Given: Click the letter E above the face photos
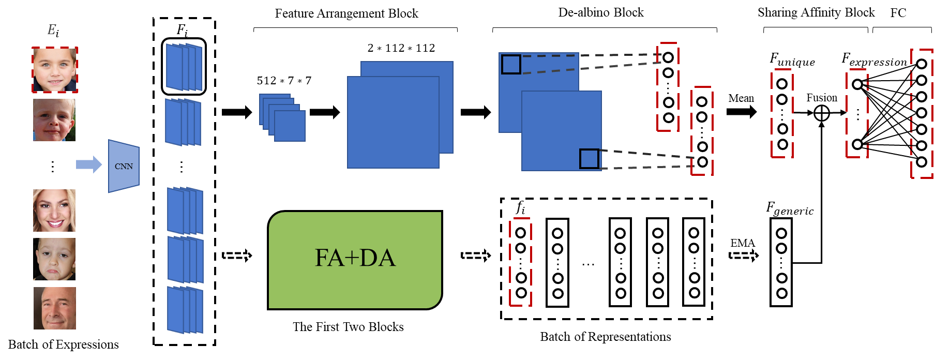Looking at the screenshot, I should [x=51, y=30].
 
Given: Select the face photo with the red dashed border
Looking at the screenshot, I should [x=55, y=70].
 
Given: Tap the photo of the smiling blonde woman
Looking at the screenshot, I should [x=54, y=211].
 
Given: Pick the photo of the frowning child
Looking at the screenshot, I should [x=54, y=259].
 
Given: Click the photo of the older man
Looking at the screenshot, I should [x=55, y=308].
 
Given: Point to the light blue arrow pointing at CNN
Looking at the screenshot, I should [x=89, y=164].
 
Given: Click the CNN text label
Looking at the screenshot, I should [x=124, y=166].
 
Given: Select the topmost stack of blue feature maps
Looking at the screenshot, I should [x=184, y=67].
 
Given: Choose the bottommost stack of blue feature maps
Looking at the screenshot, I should [x=185, y=310].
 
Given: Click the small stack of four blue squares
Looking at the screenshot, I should [x=282, y=117].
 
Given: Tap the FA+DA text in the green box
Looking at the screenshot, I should [x=355, y=258].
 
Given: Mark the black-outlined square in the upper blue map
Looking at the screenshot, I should [x=511, y=65].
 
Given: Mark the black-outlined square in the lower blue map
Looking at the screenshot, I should [x=589, y=159].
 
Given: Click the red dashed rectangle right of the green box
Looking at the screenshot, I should [x=520, y=262].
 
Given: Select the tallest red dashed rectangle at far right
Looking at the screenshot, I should [x=922, y=114].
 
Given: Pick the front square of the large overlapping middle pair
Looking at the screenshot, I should [x=393, y=122].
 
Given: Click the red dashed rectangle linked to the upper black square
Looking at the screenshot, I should [x=668, y=87].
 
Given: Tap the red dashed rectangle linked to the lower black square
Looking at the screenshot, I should [x=702, y=131].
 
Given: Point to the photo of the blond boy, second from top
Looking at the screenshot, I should [x=54, y=120].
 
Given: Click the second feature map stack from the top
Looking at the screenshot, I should [x=183, y=122].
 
